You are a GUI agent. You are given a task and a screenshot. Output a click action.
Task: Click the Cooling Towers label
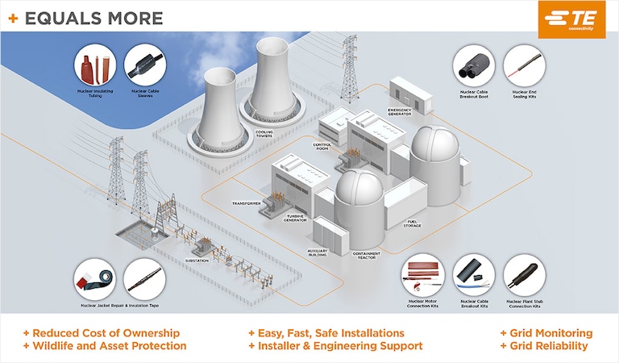tap(264, 134)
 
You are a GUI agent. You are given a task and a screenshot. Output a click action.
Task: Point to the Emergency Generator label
tap(400, 111)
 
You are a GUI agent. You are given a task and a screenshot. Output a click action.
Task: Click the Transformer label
tap(247, 203)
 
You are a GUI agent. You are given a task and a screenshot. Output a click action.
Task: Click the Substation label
tap(197, 261)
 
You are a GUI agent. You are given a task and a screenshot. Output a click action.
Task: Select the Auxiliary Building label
tap(318, 253)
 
